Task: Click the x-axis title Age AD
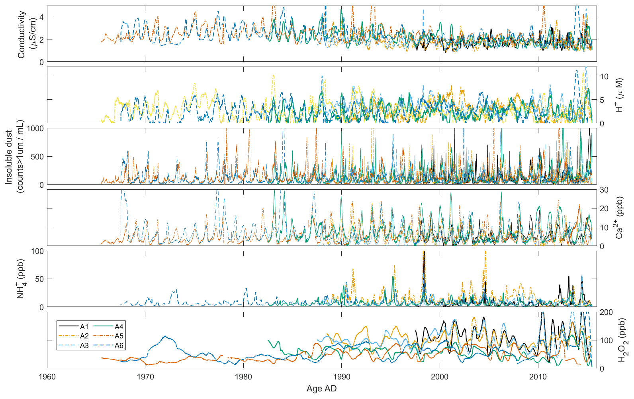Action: [321, 389]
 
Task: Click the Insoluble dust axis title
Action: [14, 156]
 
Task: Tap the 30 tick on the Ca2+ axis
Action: [604, 190]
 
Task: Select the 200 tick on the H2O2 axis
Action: [606, 312]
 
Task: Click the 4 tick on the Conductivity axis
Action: [41, 17]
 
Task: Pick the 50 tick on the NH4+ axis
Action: [39, 279]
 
